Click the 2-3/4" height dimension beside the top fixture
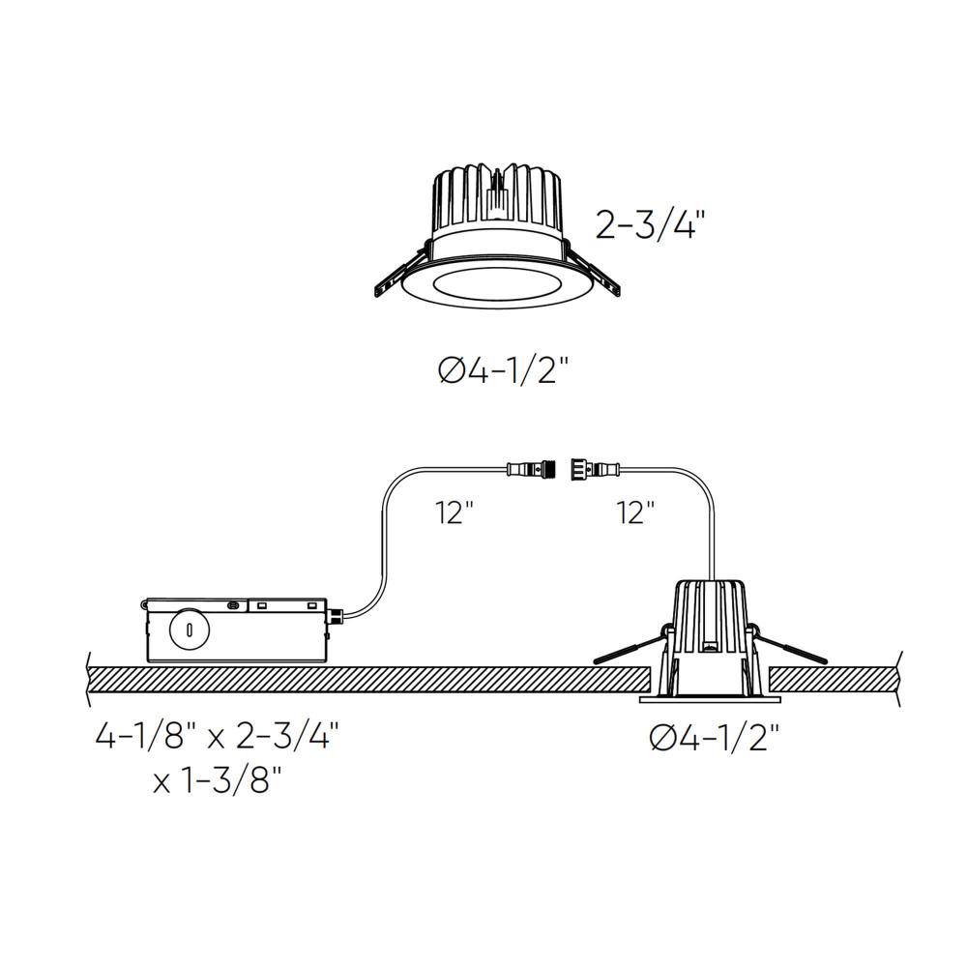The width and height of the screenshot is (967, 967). point(650,224)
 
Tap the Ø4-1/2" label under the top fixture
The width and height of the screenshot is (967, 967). point(503,371)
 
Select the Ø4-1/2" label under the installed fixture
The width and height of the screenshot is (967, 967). point(715,738)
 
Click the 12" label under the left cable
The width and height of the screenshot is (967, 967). point(454,513)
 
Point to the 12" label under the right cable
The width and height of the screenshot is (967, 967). point(635,513)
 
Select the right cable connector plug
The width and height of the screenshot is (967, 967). point(595,470)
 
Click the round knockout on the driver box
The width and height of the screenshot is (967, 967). point(190,630)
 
